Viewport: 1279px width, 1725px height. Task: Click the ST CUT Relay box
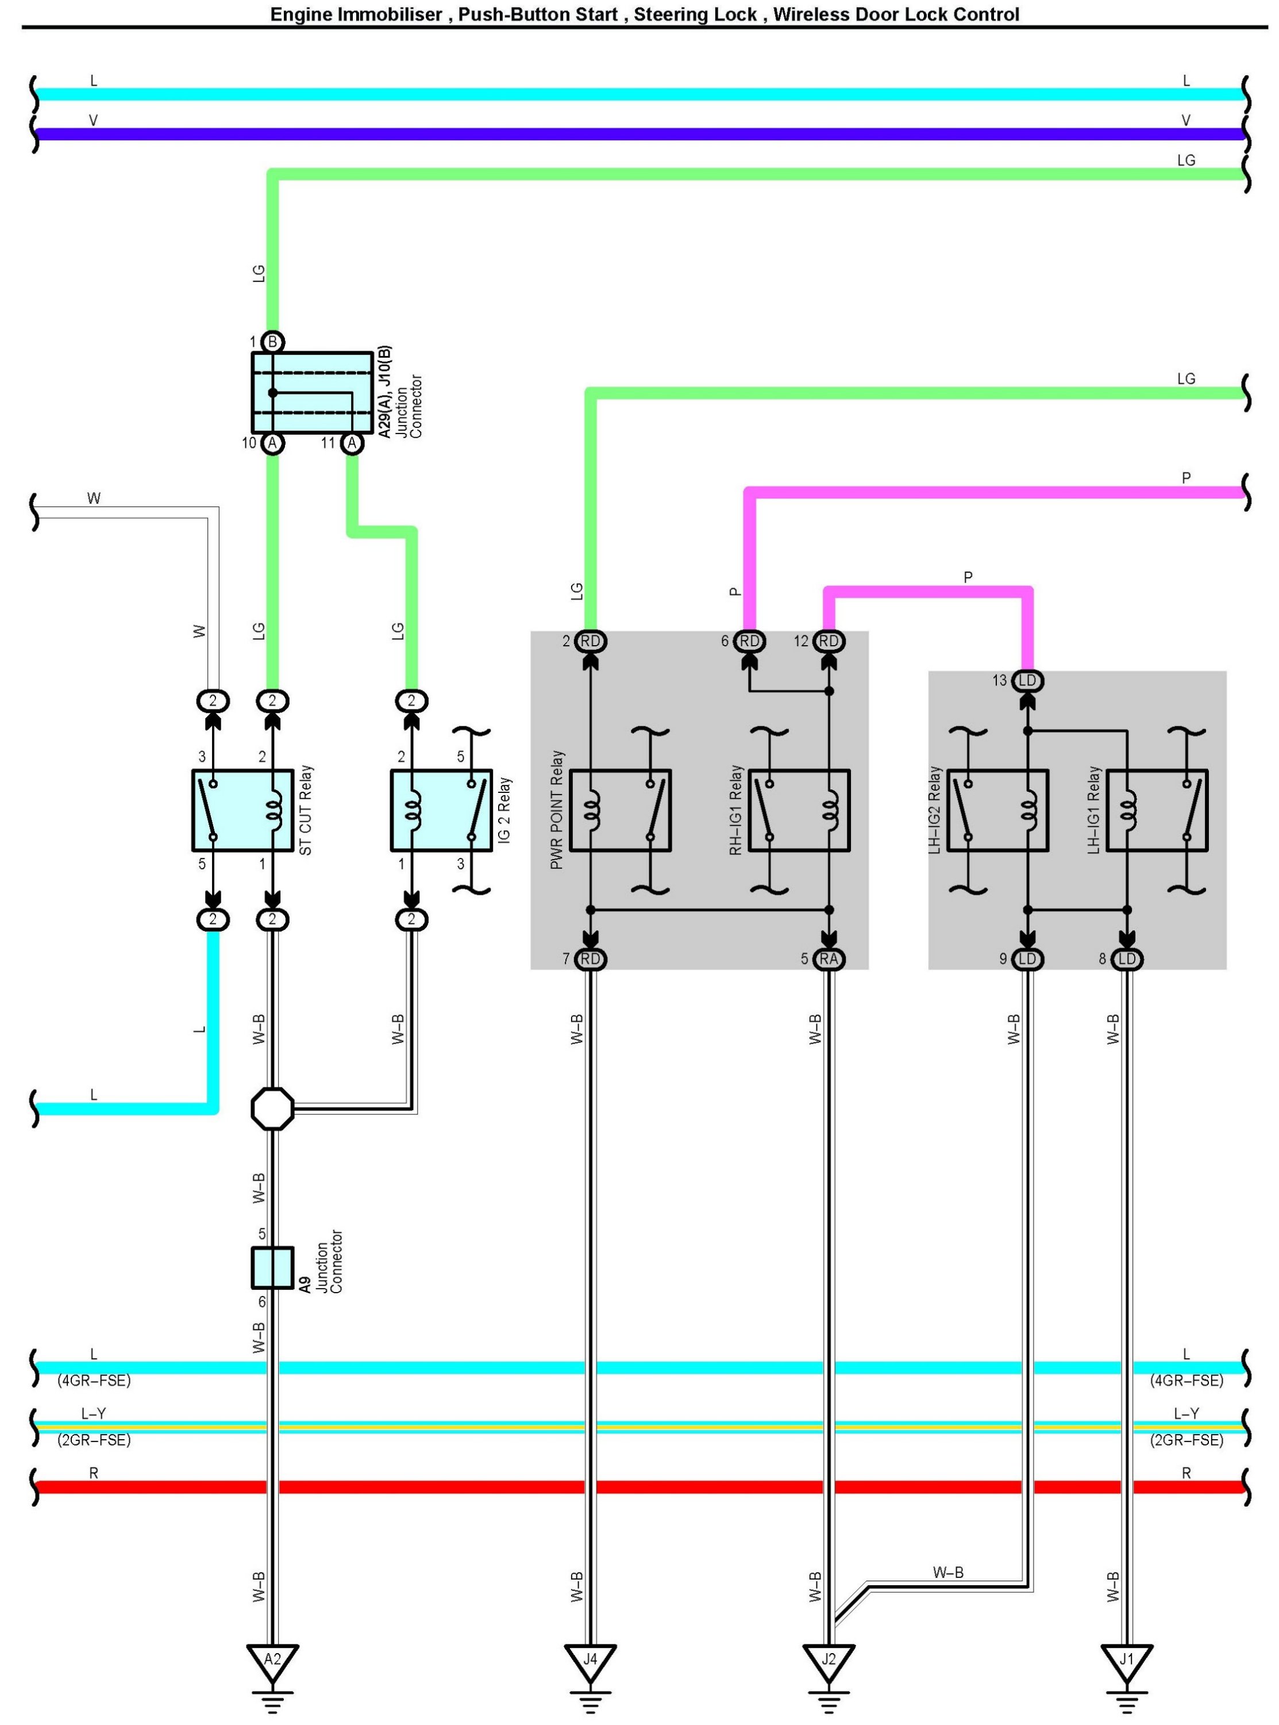242,810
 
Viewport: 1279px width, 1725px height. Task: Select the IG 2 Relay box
441,810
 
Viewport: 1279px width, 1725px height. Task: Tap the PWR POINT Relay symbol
620,810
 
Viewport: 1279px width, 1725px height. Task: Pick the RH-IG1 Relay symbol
799,810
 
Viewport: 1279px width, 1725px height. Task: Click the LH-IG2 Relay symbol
998,810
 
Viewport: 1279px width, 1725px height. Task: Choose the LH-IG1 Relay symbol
1157,810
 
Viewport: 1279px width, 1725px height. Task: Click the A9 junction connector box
272,1267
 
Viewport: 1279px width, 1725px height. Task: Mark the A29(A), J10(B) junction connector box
312,392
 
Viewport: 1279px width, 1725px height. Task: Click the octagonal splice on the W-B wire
272,1109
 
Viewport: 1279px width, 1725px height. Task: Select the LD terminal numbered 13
1027,681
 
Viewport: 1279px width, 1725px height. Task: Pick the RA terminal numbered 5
829,959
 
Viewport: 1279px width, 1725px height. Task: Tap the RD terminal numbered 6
749,641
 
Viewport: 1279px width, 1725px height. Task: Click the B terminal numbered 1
272,342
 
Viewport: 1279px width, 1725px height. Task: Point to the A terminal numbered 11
352,443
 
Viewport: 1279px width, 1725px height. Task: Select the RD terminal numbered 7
590,959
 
